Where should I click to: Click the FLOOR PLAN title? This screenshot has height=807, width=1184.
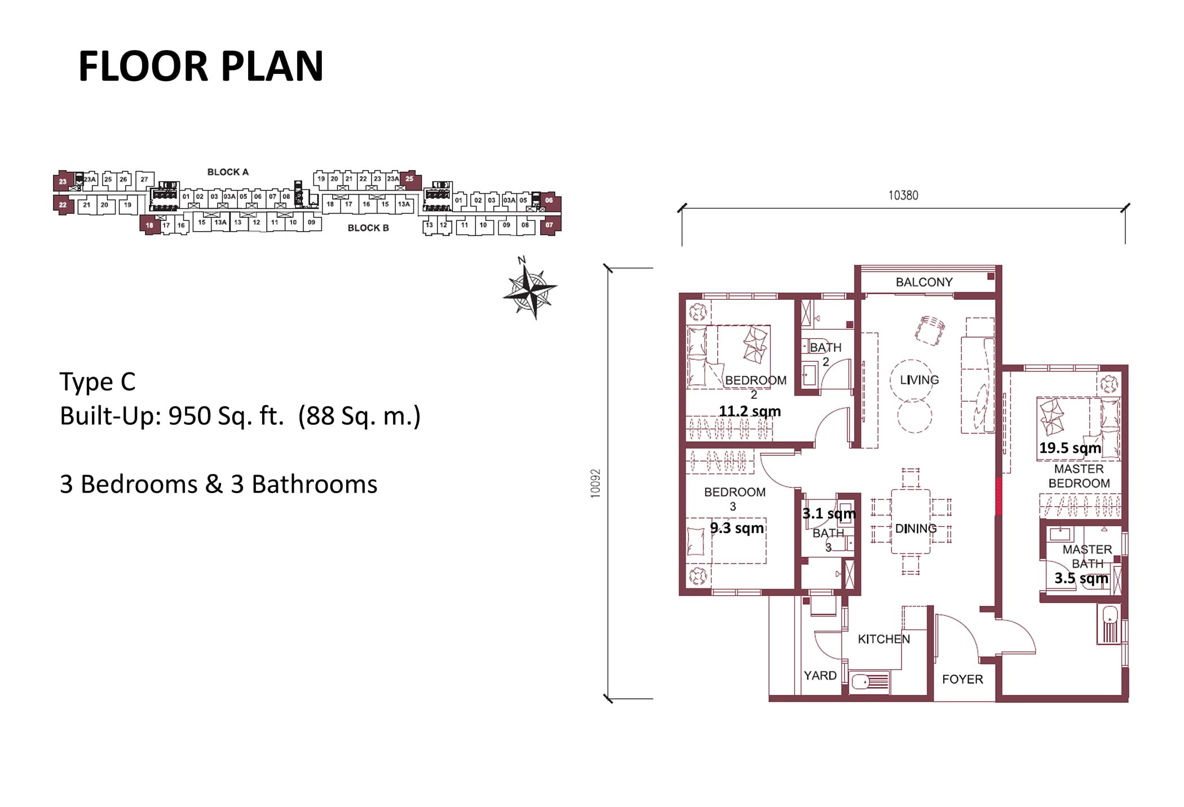pyautogui.click(x=201, y=66)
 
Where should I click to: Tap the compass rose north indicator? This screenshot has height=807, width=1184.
pyautogui.click(x=530, y=290)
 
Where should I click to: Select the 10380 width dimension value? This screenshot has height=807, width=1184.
pyautogui.click(x=903, y=195)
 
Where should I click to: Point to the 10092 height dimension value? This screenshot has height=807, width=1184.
pyautogui.click(x=595, y=483)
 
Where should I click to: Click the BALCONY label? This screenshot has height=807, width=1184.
pyautogui.click(x=924, y=282)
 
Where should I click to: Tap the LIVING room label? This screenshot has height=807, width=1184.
pyautogui.click(x=919, y=380)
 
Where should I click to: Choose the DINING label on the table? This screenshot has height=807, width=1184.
pyautogui.click(x=916, y=529)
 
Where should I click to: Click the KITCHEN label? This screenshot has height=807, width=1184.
pyautogui.click(x=883, y=639)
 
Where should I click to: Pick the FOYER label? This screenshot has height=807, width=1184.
pyautogui.click(x=962, y=679)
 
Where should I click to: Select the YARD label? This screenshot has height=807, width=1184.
pyautogui.click(x=820, y=675)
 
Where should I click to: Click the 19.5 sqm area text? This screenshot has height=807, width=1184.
pyautogui.click(x=1070, y=448)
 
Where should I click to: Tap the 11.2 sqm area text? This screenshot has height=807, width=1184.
pyautogui.click(x=749, y=411)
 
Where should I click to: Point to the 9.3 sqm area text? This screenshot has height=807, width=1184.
pyautogui.click(x=736, y=528)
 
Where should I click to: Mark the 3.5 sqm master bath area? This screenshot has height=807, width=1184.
pyautogui.click(x=1081, y=578)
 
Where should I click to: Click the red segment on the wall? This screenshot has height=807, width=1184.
pyautogui.click(x=999, y=496)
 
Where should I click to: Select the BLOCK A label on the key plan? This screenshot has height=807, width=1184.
pyautogui.click(x=228, y=172)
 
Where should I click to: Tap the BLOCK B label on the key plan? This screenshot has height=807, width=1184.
pyautogui.click(x=368, y=228)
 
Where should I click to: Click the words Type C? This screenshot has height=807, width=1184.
pyautogui.click(x=98, y=382)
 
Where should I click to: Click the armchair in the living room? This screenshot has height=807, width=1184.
pyautogui.click(x=929, y=330)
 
